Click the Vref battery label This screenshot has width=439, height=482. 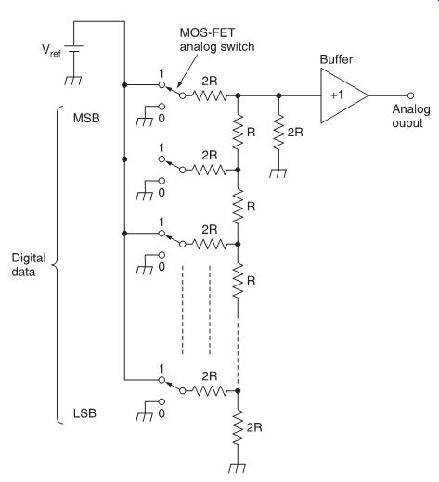point(51,50)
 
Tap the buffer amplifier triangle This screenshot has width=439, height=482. point(344,95)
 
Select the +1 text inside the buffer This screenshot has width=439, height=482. point(337,95)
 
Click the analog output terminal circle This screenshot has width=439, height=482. point(410,95)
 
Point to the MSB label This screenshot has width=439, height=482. point(86,118)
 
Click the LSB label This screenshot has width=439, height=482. point(84,413)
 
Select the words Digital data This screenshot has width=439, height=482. point(29,265)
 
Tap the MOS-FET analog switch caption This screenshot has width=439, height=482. point(217,40)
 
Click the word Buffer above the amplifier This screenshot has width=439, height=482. point(336,59)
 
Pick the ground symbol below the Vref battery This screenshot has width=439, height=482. point(73,80)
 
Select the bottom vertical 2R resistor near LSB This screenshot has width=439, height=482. point(238,427)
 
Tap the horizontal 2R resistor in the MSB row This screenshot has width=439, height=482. point(210,95)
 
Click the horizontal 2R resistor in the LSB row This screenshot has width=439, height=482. point(210,391)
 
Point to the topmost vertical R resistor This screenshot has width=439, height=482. point(238,133)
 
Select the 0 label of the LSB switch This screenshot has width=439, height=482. point(161,413)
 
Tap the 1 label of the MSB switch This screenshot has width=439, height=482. point(161,73)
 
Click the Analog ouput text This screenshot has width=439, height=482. point(411,116)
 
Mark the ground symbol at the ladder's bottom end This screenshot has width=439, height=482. point(238,468)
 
